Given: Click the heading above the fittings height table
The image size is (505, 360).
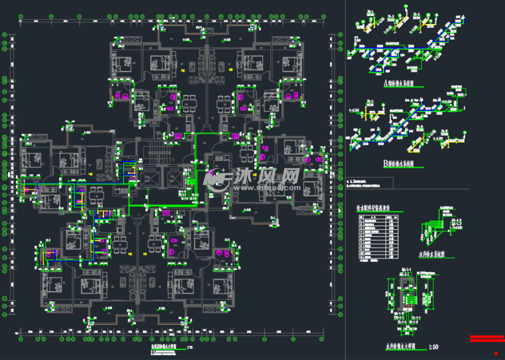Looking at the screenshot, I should (376, 210).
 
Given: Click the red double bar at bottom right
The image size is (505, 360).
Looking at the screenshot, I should (487, 338).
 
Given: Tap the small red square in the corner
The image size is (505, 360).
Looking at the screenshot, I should (496, 353).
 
